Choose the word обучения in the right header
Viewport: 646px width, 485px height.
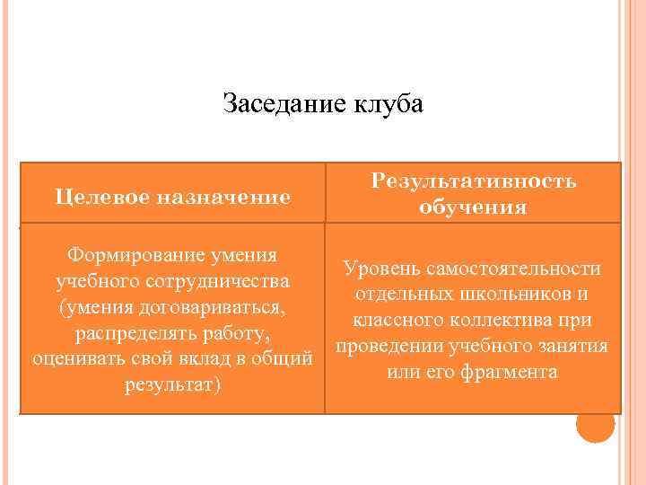(474, 208)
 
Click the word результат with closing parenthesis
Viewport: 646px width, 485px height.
(171, 385)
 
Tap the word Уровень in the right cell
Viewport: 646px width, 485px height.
(380, 269)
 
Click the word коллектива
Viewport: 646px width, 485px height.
(490, 321)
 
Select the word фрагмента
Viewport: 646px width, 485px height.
(511, 372)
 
